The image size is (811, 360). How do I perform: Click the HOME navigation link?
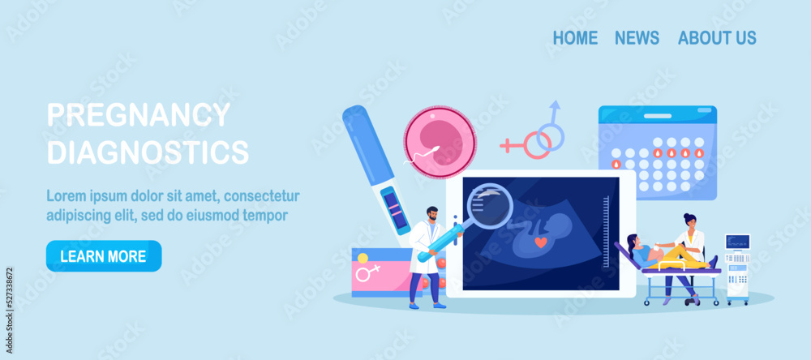pyautogui.click(x=575, y=38)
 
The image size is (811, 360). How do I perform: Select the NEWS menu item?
pyautogui.click(x=637, y=38)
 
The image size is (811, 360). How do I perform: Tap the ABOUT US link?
pyautogui.click(x=717, y=38)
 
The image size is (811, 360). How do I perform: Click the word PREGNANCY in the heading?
pyautogui.click(x=139, y=114)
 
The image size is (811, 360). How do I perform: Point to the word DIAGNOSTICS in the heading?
pyautogui.click(x=148, y=151)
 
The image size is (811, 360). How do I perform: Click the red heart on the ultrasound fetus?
pyautogui.click(x=539, y=242)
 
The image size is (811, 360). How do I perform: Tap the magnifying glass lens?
pyautogui.click(x=490, y=205)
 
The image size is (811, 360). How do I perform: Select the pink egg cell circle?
pyautogui.click(x=439, y=141)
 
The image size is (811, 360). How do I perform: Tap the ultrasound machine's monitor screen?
pyautogui.click(x=737, y=242)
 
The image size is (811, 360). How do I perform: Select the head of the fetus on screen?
pyautogui.click(x=556, y=225)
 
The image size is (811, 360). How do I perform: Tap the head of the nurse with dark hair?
pyautogui.click(x=689, y=221)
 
